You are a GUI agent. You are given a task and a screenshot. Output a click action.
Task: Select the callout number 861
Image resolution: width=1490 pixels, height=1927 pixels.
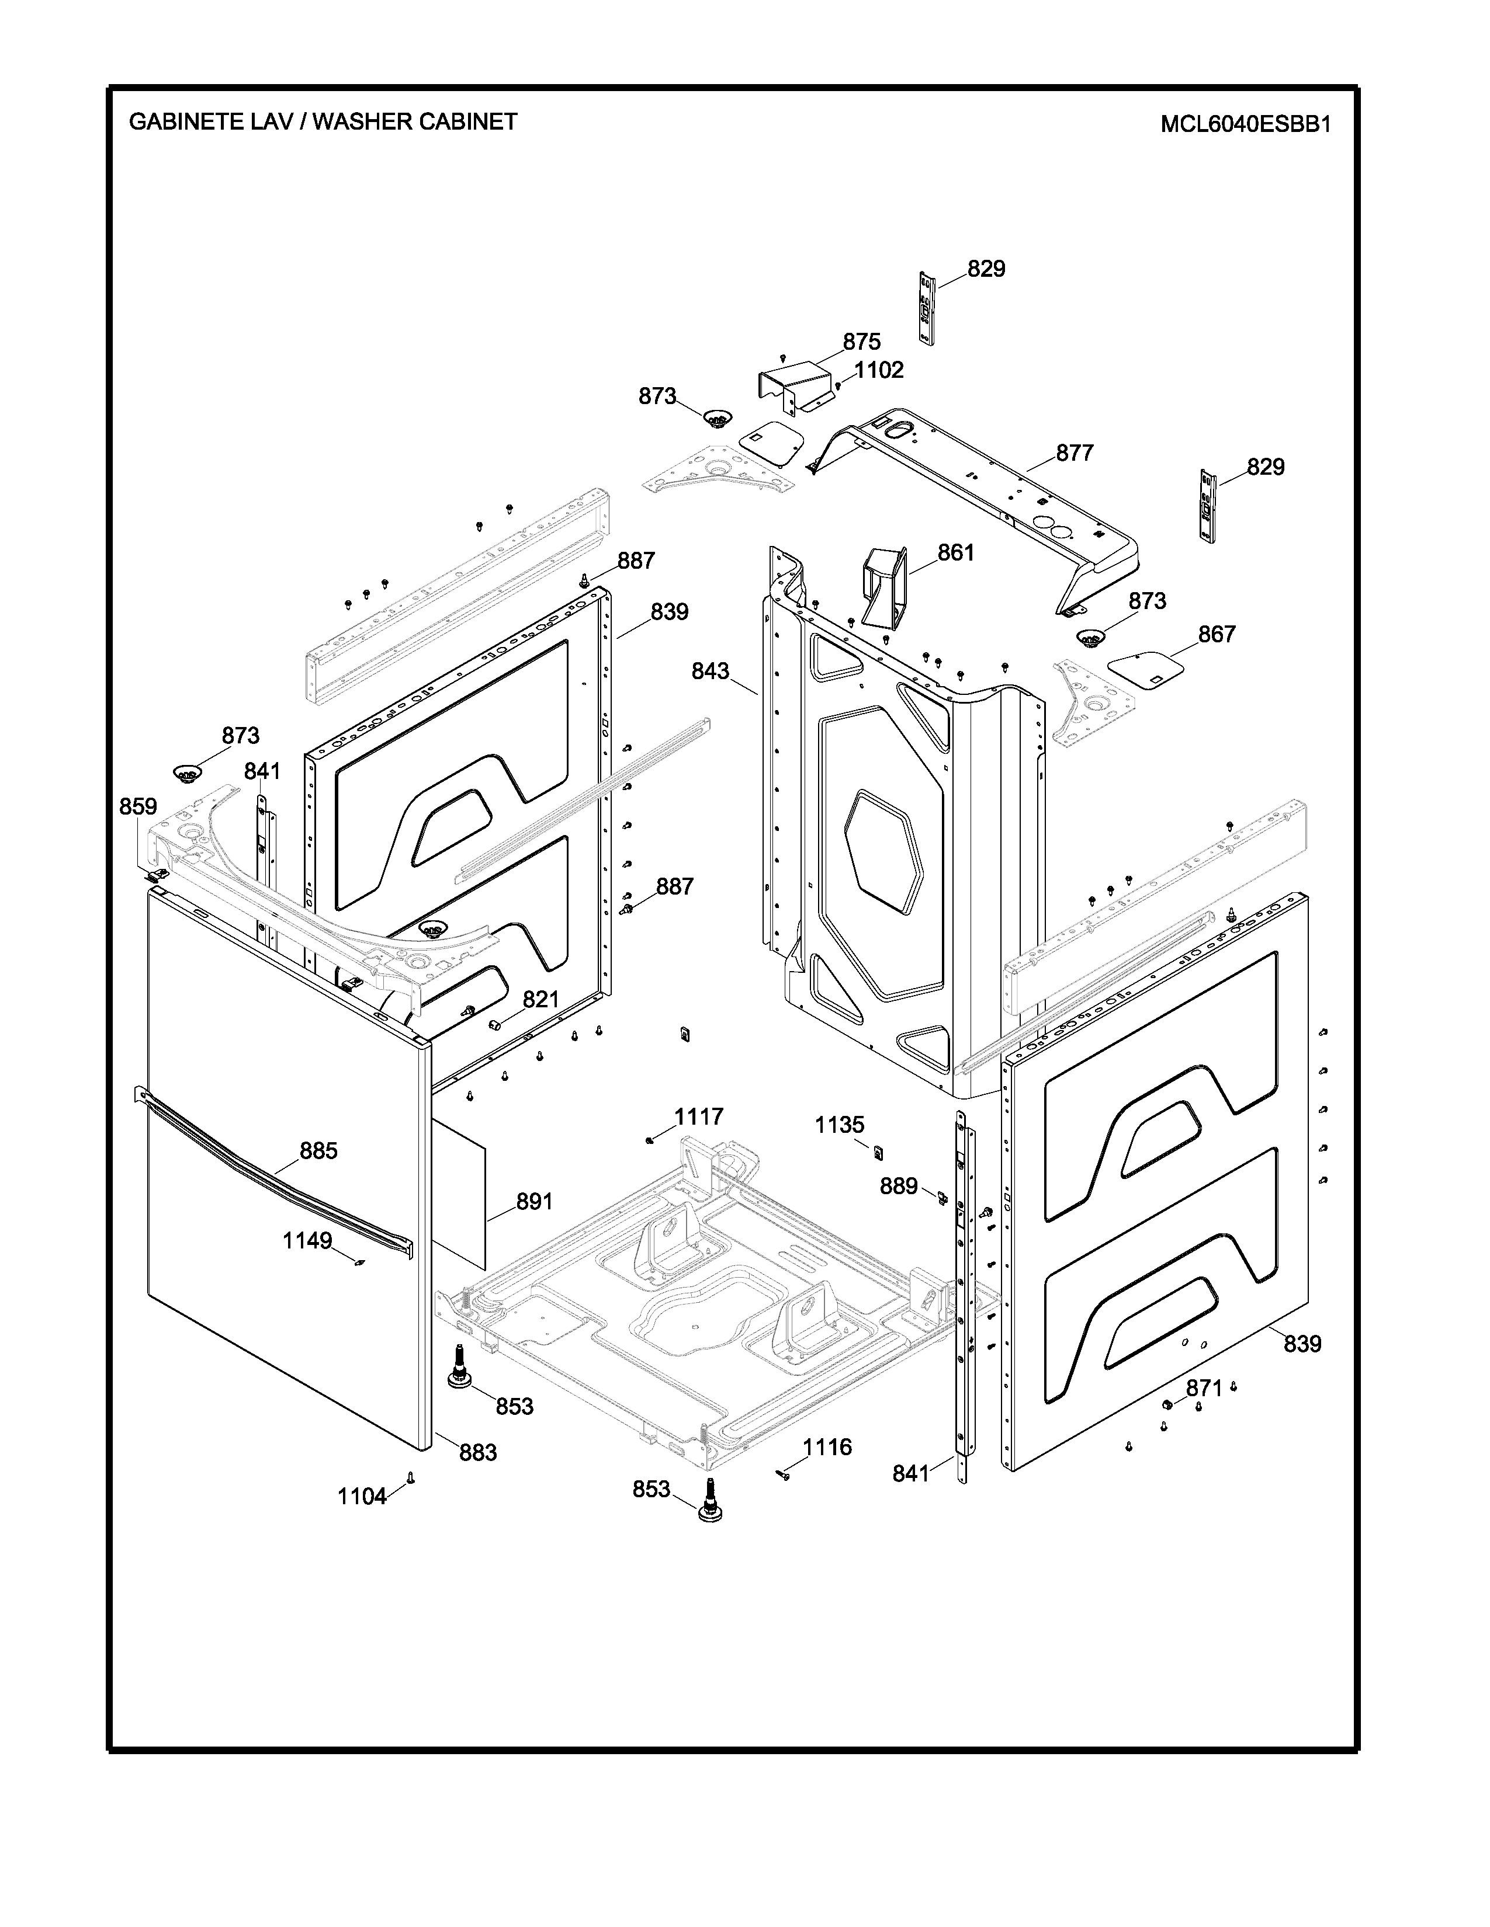(x=955, y=552)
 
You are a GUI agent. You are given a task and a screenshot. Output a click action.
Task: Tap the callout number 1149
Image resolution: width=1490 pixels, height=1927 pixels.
(x=307, y=1240)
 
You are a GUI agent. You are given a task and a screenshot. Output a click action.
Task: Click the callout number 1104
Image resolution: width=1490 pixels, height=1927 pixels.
(x=362, y=1497)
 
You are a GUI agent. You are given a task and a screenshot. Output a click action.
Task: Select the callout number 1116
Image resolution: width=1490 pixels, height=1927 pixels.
(x=827, y=1447)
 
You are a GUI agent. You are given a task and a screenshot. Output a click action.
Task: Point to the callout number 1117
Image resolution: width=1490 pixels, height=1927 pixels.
(x=699, y=1117)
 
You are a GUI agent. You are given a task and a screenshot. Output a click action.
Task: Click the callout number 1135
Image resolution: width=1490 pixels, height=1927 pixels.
(x=840, y=1125)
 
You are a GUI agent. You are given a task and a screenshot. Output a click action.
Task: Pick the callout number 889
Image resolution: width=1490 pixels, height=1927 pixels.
(x=899, y=1187)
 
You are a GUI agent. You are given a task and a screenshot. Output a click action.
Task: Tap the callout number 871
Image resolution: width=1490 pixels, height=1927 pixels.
(x=1204, y=1389)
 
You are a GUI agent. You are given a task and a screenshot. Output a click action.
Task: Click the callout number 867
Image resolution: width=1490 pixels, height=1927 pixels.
(x=1217, y=634)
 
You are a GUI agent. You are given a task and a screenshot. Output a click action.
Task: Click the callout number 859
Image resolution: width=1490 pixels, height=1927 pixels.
(x=138, y=806)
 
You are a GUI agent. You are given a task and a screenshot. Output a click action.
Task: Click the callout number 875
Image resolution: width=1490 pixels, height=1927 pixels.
(x=861, y=342)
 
